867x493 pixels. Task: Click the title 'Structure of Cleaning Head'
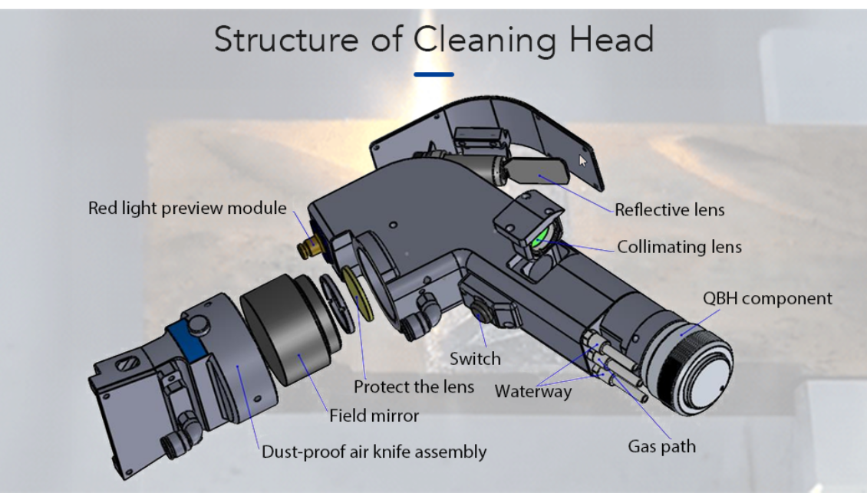click(433, 38)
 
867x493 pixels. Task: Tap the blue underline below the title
click(433, 74)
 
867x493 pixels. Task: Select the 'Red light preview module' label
click(187, 208)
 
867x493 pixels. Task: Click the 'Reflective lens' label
click(669, 209)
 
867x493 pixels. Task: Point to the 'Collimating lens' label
click(679, 247)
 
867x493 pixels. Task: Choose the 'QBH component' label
click(767, 298)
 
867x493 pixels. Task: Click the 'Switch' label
click(475, 358)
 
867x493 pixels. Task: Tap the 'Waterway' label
click(532, 391)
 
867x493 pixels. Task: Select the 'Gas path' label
click(661, 445)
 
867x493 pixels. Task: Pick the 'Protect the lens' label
click(414, 386)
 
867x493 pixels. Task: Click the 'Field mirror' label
click(374, 416)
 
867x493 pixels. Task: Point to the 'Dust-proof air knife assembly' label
click(374, 452)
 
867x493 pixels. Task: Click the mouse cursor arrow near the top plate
click(582, 160)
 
